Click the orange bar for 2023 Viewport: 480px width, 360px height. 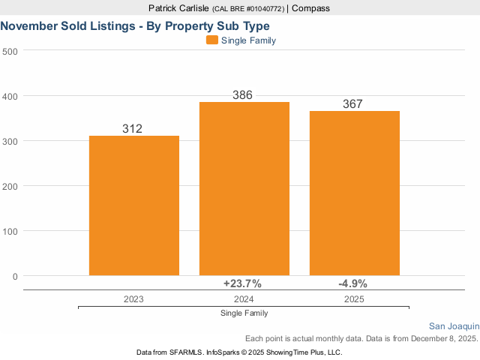click(134, 205)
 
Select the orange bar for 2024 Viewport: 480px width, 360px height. click(244, 188)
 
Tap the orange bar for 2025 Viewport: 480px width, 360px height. click(355, 193)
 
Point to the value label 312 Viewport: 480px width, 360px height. click(132, 129)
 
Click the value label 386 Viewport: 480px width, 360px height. click(242, 95)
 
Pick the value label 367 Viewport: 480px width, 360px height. click(352, 104)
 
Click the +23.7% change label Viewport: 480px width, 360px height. click(242, 283)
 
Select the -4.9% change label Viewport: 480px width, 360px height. click(352, 283)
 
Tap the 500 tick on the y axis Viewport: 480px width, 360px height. click(10, 51)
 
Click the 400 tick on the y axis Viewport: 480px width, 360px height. click(10, 96)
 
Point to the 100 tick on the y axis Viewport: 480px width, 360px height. click(10, 231)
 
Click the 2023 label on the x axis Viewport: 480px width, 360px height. click(133, 298)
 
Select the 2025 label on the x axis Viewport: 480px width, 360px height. click(354, 298)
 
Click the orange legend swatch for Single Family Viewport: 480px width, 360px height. click(211, 40)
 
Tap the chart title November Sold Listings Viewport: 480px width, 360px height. click(135, 25)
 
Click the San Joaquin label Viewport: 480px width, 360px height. click(454, 326)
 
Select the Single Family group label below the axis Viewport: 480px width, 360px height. click(244, 313)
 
